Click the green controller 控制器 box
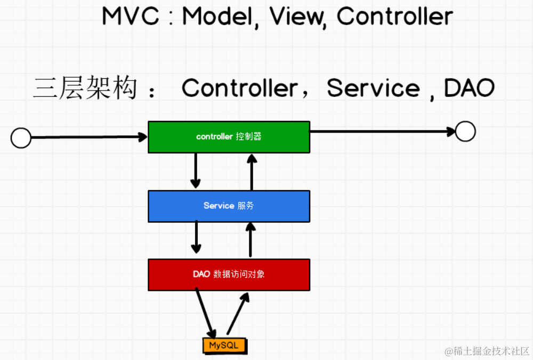click(x=229, y=137)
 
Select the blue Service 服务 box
click(x=229, y=206)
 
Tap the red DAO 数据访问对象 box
click(x=229, y=275)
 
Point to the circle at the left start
click(x=21, y=138)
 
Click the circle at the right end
click(x=465, y=132)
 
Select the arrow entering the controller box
click(x=88, y=137)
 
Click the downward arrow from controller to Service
click(x=196, y=170)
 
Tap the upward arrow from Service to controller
click(x=252, y=171)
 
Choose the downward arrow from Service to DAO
click(x=196, y=238)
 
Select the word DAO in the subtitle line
click(x=469, y=88)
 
